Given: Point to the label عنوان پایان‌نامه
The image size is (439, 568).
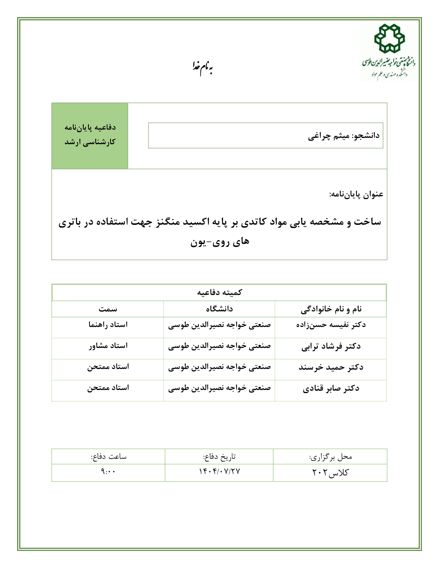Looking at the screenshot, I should coord(356,194).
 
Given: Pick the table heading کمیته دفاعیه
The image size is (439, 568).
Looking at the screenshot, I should coord(219,293).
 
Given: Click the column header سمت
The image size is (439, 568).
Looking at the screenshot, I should coord(108,309).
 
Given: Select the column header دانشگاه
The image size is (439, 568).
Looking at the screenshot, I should coord(219,309).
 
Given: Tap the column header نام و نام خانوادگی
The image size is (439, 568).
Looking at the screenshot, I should coord(331,309).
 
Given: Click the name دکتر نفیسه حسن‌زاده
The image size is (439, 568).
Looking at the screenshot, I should coord(331,325).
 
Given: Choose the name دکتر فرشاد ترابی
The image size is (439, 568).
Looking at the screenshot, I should coord(331,346).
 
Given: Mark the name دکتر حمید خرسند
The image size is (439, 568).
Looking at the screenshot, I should coord(331,367).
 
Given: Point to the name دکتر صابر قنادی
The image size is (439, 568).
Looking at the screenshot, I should coord(331,388).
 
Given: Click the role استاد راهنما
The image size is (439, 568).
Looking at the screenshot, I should coord(108,325).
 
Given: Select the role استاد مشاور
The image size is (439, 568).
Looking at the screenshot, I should coord(108,346).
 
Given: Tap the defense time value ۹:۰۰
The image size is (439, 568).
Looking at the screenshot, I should coord(108,472).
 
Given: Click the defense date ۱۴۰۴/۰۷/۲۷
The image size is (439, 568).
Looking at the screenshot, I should coord(219,472).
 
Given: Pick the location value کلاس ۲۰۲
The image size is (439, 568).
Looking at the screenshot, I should coord(330,472).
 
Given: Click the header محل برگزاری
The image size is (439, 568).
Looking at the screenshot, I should coord(331,457).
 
